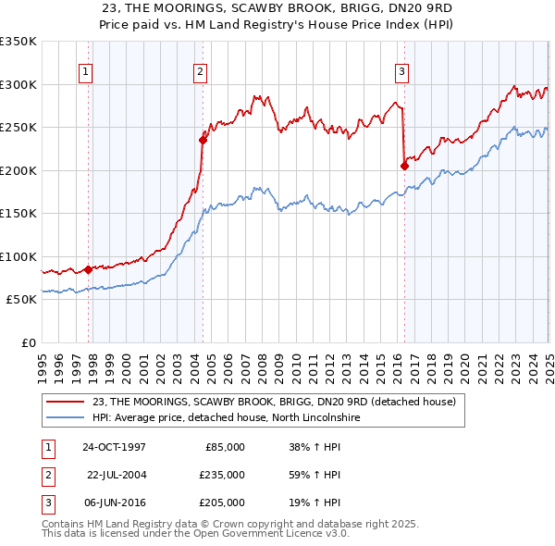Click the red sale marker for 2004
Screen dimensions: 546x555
(x=203, y=141)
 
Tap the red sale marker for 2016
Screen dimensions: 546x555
(x=404, y=167)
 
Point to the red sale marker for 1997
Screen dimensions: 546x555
(x=89, y=269)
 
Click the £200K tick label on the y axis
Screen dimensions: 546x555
(x=18, y=170)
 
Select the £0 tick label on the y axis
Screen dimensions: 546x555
(x=28, y=342)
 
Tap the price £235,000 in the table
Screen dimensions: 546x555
(x=223, y=475)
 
